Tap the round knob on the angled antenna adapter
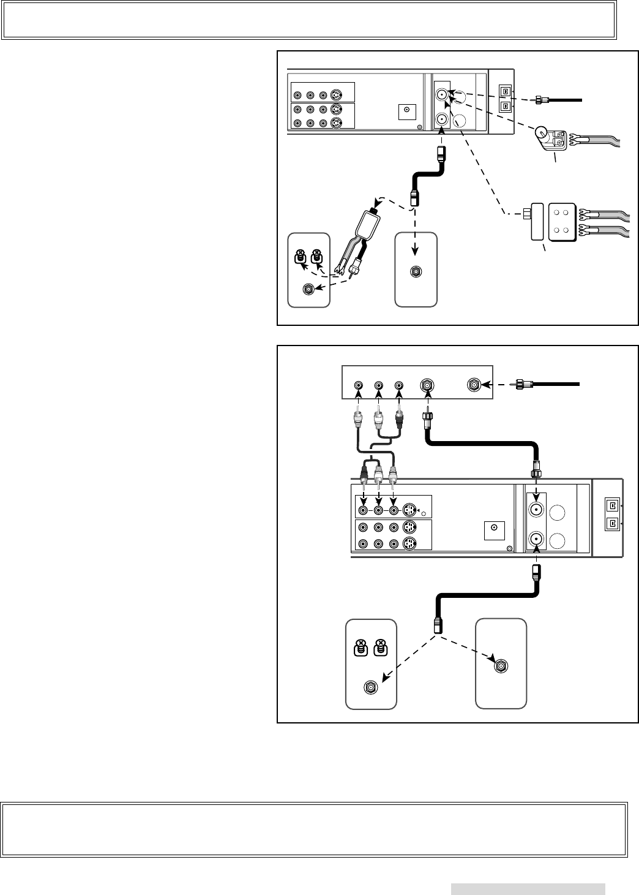(x=541, y=134)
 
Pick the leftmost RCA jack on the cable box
(x=359, y=385)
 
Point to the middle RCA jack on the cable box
(x=379, y=385)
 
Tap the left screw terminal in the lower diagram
(x=361, y=646)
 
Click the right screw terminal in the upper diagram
(x=317, y=255)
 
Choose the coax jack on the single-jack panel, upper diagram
(x=416, y=272)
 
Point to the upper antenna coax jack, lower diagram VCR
(x=536, y=510)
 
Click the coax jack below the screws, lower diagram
(x=370, y=687)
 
